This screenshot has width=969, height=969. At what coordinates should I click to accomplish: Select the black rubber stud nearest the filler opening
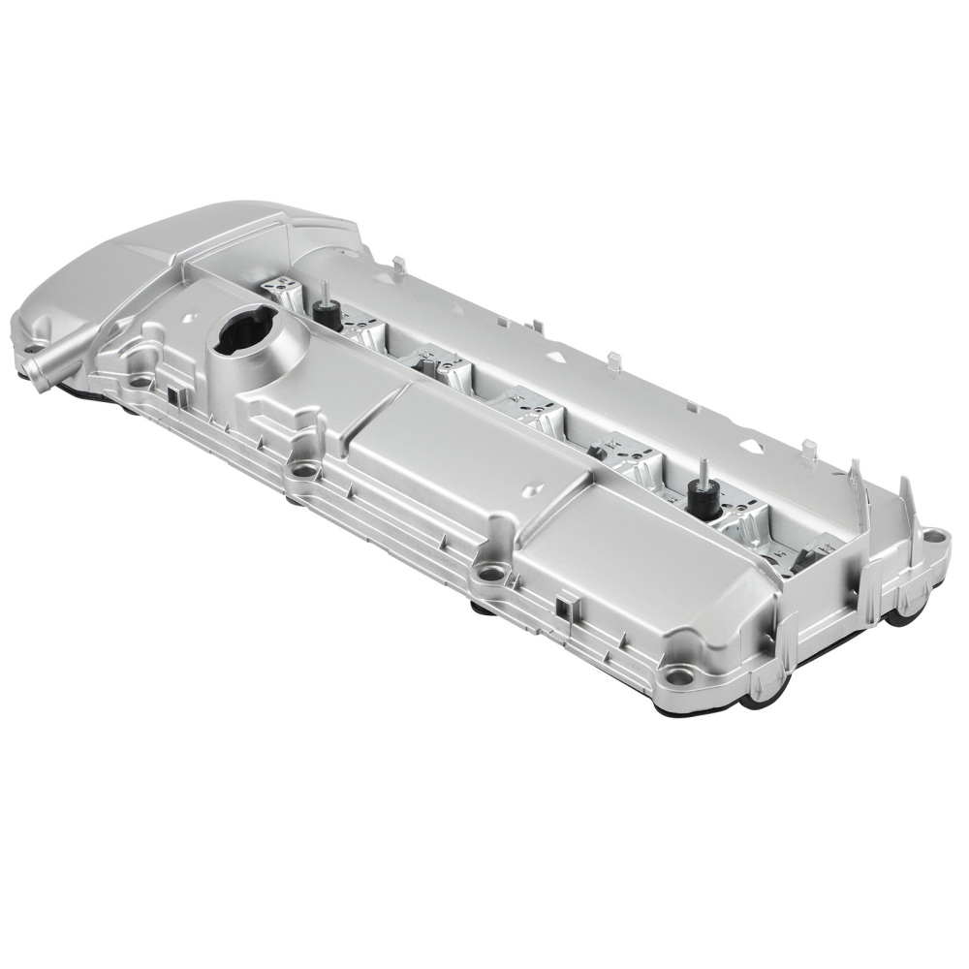[x=328, y=312]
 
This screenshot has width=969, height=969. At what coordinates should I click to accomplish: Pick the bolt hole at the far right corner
[x=932, y=536]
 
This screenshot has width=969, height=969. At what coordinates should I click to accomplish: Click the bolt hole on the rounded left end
[x=32, y=350]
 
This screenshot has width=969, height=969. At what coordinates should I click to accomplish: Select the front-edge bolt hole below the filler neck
[x=305, y=472]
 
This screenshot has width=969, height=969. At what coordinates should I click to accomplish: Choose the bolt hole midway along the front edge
[x=491, y=574]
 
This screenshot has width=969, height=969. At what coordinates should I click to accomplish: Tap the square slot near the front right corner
[x=564, y=608]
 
